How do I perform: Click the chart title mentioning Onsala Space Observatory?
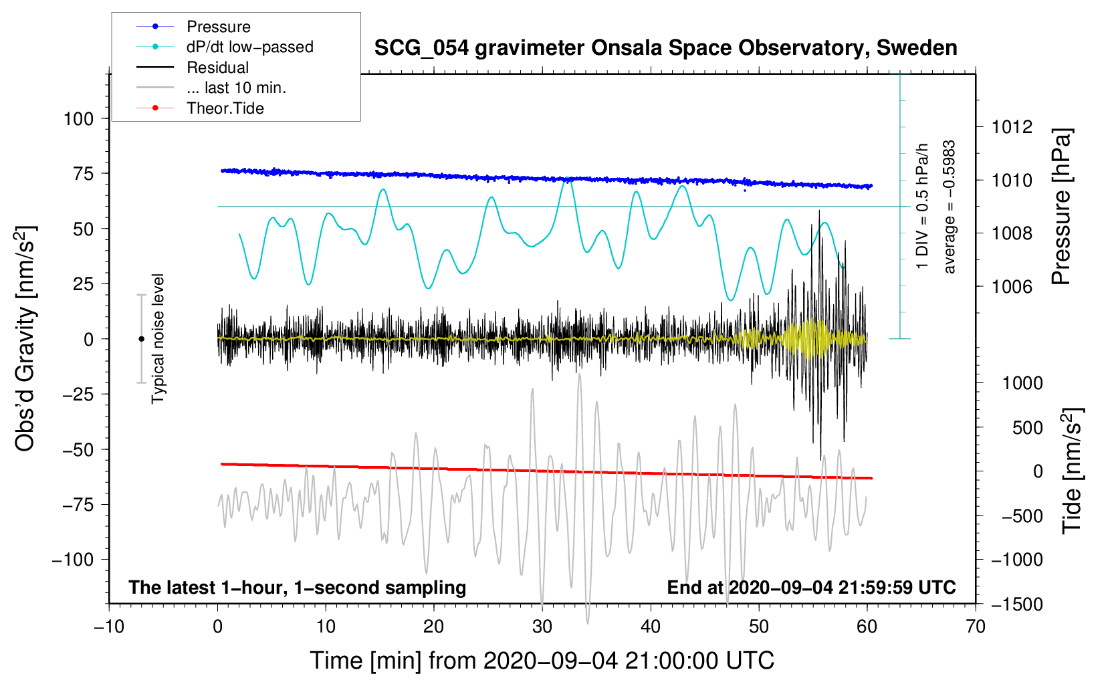click(x=665, y=48)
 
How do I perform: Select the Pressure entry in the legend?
click(x=219, y=27)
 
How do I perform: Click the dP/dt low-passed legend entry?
click(x=249, y=47)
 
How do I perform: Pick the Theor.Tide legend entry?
click(x=225, y=108)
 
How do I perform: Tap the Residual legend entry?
click(x=217, y=68)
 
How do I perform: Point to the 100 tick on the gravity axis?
click(x=78, y=119)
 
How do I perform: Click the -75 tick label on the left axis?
click(x=77, y=504)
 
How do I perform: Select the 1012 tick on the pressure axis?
click(x=1012, y=127)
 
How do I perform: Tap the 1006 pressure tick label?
click(x=1012, y=287)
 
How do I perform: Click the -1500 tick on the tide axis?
click(x=1014, y=604)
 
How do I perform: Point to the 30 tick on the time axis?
click(x=542, y=627)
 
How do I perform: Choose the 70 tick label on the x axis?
click(x=976, y=627)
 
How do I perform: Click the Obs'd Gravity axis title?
click(x=25, y=338)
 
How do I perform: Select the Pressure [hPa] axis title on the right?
click(x=1061, y=207)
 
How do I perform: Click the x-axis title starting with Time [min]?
click(x=542, y=661)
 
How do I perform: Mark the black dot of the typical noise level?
click(x=141, y=339)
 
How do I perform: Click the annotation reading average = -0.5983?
click(x=950, y=207)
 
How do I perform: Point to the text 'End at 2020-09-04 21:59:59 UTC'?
click(x=811, y=587)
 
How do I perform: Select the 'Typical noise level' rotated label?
click(x=158, y=338)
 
